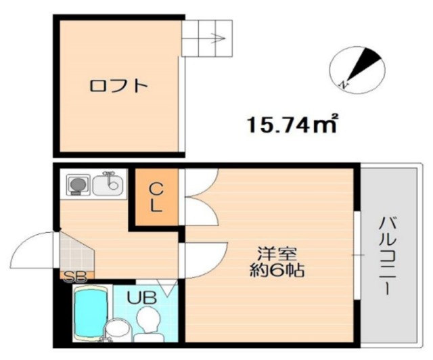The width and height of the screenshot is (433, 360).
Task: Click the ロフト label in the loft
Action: pos(119,86)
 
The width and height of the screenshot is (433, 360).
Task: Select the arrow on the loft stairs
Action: pos(217,39)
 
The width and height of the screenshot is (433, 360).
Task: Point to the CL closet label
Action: pos(156,197)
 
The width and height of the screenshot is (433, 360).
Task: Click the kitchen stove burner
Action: pos(76,183)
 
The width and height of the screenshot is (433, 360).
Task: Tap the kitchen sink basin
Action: pos(108,184)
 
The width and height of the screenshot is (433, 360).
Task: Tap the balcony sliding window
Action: pos(356,254)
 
